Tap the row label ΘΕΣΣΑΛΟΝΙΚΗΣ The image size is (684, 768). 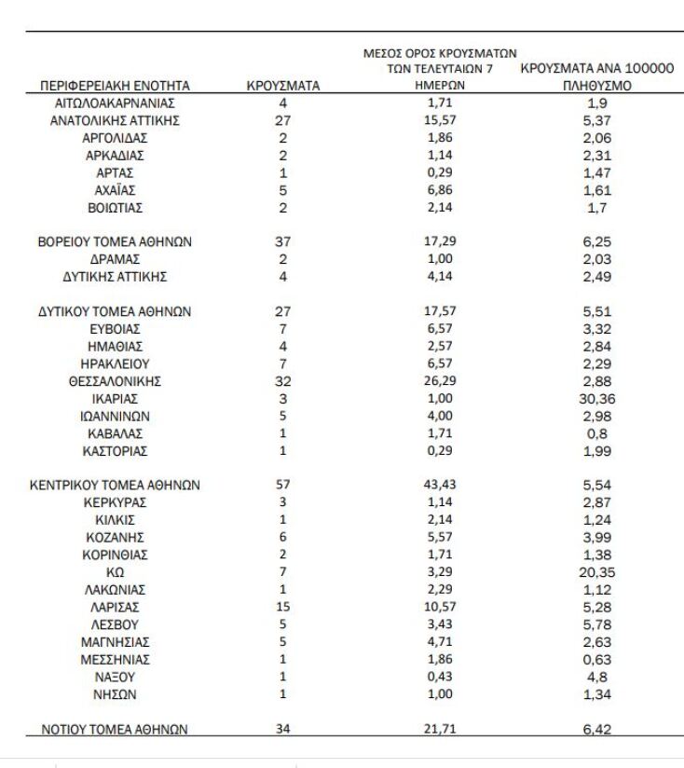point(116,380)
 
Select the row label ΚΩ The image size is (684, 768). point(116,571)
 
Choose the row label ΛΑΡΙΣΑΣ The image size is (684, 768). point(116,606)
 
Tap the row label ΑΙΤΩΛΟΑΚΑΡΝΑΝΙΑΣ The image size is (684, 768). point(116,103)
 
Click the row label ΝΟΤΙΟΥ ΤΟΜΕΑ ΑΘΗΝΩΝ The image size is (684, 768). point(116,729)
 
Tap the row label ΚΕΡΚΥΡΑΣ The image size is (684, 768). point(116,502)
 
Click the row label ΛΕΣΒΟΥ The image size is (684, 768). point(116,624)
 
